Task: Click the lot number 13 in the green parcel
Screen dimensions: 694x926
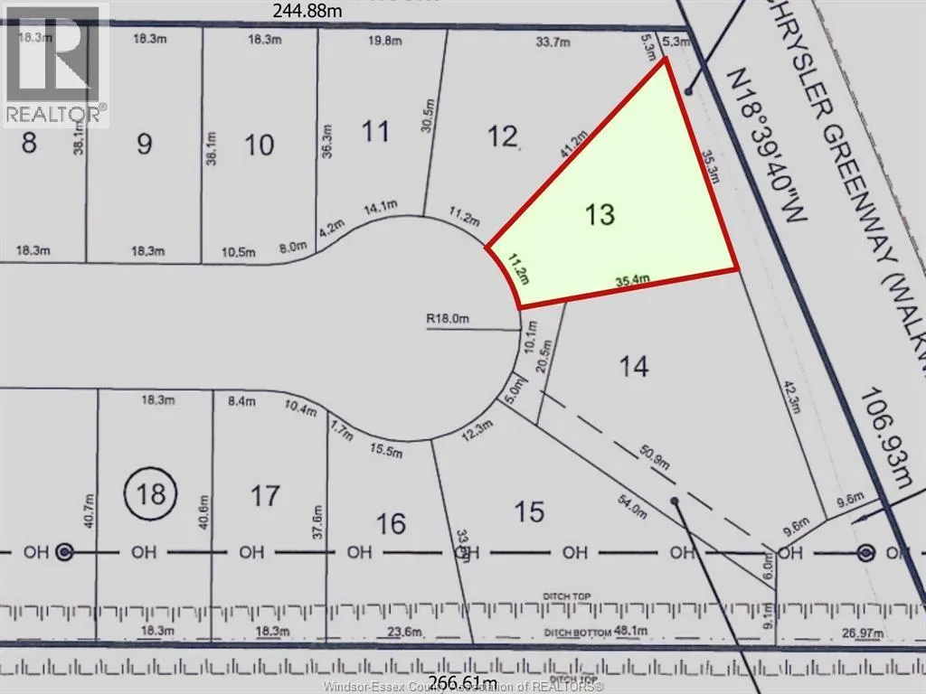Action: [x=600, y=214]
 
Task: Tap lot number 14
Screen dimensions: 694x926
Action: [x=634, y=366]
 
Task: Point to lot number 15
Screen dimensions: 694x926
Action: [x=529, y=511]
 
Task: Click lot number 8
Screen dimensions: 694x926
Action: [x=29, y=143]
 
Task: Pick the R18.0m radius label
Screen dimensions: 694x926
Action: [x=450, y=318]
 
